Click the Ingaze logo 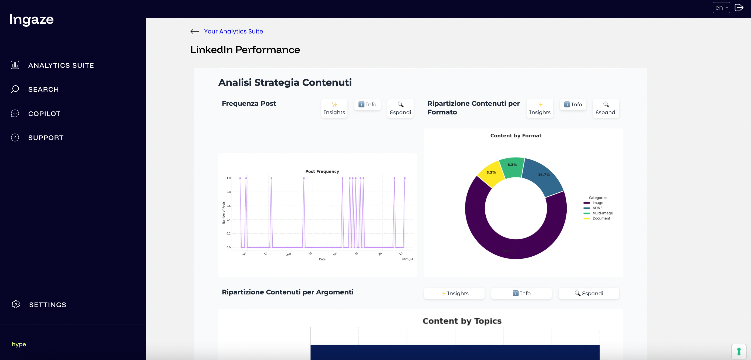pyautogui.click(x=32, y=19)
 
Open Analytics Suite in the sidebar pyautogui.click(x=61, y=65)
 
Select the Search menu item pyautogui.click(x=43, y=90)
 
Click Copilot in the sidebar pyautogui.click(x=44, y=114)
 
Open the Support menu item pyautogui.click(x=46, y=138)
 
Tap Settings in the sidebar pyautogui.click(x=48, y=305)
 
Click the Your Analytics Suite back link pyautogui.click(x=233, y=32)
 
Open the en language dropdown pyautogui.click(x=721, y=8)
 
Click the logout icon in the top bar pyautogui.click(x=739, y=8)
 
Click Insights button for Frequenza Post pyautogui.click(x=334, y=108)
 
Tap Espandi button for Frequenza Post pyautogui.click(x=400, y=108)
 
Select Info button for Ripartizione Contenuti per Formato pyautogui.click(x=573, y=104)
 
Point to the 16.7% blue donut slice pyautogui.click(x=543, y=175)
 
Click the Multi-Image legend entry pyautogui.click(x=602, y=213)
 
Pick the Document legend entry pyautogui.click(x=601, y=218)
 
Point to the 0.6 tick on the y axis pyautogui.click(x=229, y=206)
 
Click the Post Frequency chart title pyautogui.click(x=322, y=171)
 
